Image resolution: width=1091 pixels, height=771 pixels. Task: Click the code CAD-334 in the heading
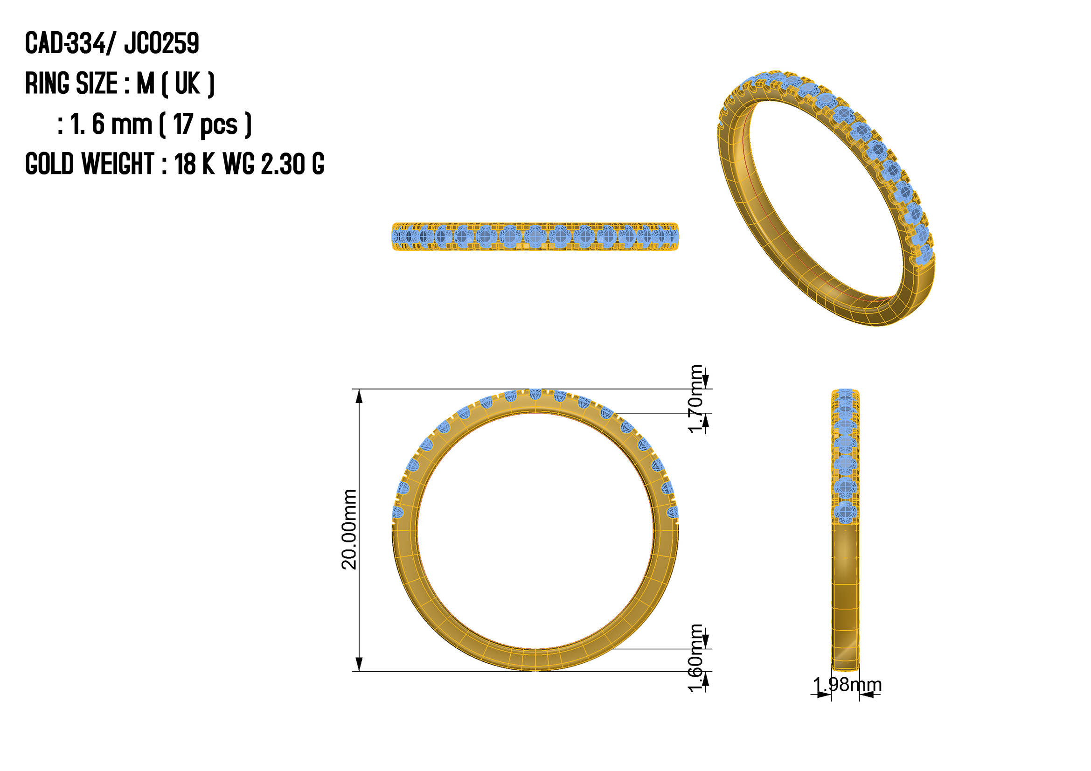66,43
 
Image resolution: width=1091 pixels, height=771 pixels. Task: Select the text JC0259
161,43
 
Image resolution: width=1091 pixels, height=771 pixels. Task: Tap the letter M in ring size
146,83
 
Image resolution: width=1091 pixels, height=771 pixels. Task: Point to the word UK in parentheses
187,83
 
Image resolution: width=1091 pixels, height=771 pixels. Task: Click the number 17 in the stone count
182,124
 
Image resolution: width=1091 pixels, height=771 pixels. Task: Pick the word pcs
219,126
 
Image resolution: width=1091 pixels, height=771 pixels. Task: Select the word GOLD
49,164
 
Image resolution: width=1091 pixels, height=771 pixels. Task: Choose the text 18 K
195,164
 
